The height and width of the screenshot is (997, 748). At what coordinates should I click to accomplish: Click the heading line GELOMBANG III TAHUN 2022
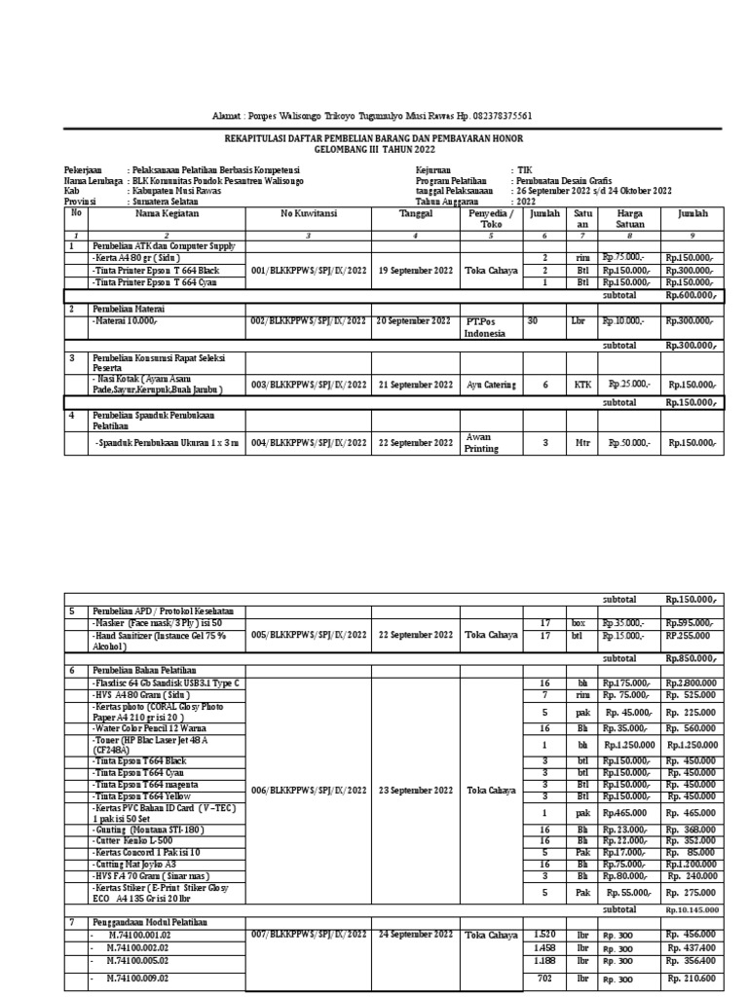click(x=374, y=152)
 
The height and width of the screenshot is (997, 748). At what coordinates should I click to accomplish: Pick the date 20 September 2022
click(x=413, y=320)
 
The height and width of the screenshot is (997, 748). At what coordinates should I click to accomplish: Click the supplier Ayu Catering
click(x=492, y=385)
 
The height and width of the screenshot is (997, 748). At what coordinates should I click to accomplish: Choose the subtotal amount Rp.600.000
click(x=692, y=295)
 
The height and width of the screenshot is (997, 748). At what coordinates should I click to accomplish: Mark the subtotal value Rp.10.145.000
click(x=692, y=909)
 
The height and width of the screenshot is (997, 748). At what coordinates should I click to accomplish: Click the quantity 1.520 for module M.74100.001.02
click(x=545, y=935)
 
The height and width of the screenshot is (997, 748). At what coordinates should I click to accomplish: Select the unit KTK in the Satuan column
click(x=582, y=385)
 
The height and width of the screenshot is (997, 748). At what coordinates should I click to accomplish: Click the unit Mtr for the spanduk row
click(x=582, y=443)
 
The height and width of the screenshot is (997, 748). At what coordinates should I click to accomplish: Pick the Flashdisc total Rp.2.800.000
click(x=692, y=684)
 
